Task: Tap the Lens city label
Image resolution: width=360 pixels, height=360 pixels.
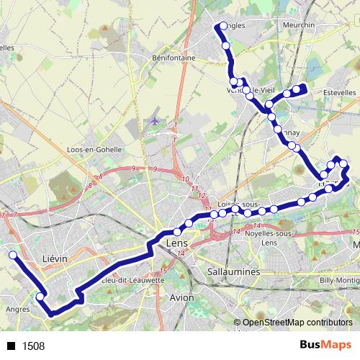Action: pyautogui.click(x=176, y=245)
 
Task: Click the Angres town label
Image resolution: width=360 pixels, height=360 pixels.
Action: pyautogui.click(x=18, y=310)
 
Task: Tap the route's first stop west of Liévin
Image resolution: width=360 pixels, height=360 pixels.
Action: pyautogui.click(x=12, y=254)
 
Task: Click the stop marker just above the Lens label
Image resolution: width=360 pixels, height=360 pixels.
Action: pyautogui.click(x=177, y=232)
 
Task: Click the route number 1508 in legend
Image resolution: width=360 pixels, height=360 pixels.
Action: pyautogui.click(x=33, y=346)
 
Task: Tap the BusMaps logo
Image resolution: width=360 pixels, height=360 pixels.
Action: pyautogui.click(x=325, y=345)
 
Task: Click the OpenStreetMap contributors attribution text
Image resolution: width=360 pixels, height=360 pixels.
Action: pyautogui.click(x=297, y=323)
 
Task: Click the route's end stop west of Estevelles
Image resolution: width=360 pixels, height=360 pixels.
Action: pyautogui.click(x=303, y=89)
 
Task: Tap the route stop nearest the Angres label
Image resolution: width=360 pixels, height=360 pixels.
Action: pyautogui.click(x=40, y=297)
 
